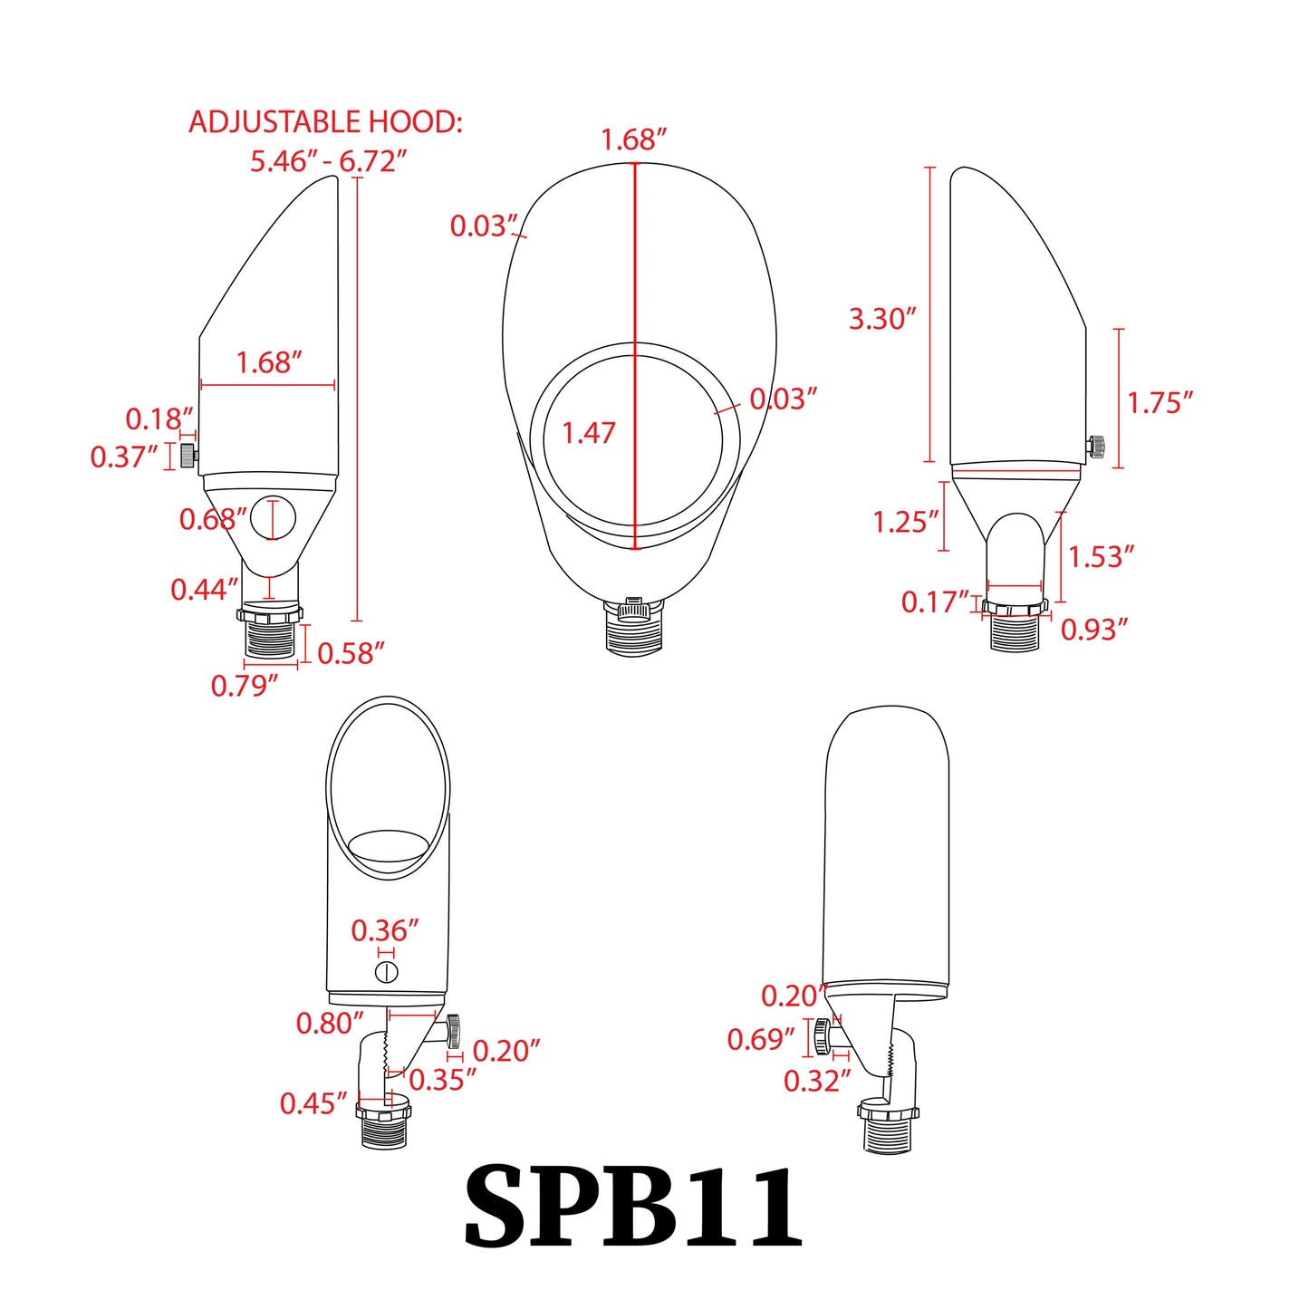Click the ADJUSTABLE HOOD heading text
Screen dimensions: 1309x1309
coord(325,122)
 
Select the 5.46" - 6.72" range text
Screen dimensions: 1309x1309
coord(328,161)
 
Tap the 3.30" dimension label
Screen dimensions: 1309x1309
coord(882,319)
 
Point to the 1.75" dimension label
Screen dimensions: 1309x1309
coord(1160,403)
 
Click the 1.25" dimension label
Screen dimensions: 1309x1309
coord(905,523)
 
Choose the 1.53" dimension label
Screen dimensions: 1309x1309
coord(1101,557)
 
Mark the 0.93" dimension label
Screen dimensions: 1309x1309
coord(1094,630)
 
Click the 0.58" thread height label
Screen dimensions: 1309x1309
coord(351,653)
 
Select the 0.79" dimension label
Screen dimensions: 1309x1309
coord(245,686)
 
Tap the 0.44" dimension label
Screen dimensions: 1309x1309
coord(204,590)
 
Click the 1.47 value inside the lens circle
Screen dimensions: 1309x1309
coord(589,433)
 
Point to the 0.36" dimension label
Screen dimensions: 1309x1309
coord(385,930)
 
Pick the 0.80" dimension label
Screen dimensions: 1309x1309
coord(330,1024)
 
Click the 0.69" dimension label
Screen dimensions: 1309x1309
coord(761,1039)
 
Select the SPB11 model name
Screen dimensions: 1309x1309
coord(633,1208)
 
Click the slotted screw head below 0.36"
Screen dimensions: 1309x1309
coord(387,973)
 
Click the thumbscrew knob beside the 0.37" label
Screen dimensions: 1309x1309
coord(188,455)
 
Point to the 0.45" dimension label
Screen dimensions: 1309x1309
coord(313,1103)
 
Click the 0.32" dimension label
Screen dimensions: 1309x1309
coord(817,1081)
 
